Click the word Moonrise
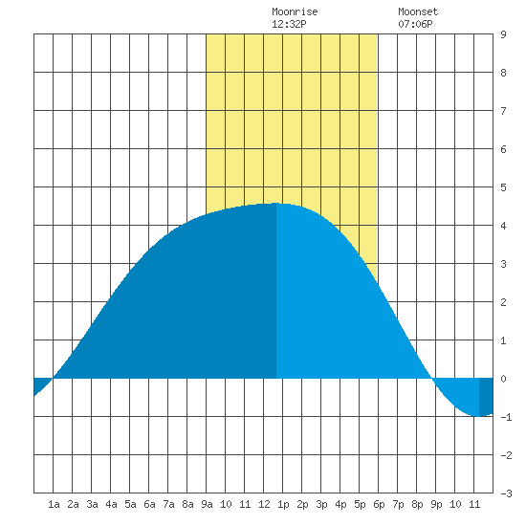coord(295,11)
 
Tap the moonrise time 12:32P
coord(289,24)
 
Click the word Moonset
coord(418,11)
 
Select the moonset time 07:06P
coord(415,24)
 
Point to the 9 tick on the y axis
coord(503,34)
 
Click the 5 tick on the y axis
coord(503,187)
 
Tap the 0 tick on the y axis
coord(503,379)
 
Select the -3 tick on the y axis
coord(506,493)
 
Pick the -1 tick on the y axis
coord(506,417)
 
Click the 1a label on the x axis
coord(54,504)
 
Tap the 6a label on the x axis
coord(149,504)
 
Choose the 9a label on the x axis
coord(207,504)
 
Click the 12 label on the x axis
coord(264,504)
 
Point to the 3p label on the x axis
coord(321,504)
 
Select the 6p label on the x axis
coord(379,504)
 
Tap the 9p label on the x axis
coord(436,504)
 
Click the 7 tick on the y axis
coord(503,111)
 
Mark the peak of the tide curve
coord(275,203)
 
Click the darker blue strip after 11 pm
coord(486,397)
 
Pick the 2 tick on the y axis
coord(503,302)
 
